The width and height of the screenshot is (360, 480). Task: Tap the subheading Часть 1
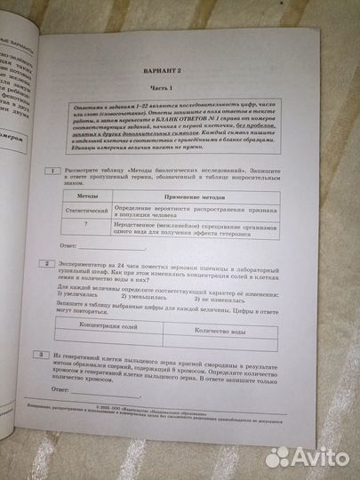(x=188, y=86)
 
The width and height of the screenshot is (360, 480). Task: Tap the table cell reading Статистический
(x=88, y=210)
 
